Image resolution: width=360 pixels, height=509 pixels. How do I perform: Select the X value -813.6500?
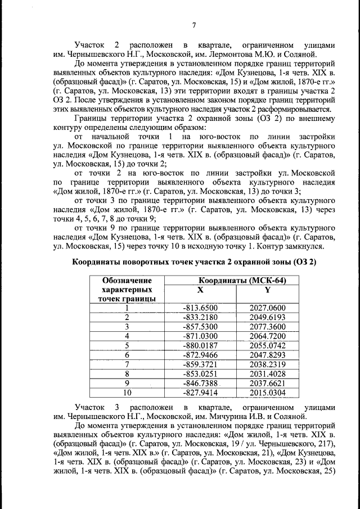pos(200,308)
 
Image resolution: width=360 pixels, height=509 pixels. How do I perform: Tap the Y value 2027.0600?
pos(267,308)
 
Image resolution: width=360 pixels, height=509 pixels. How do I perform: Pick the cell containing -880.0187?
pos(200,346)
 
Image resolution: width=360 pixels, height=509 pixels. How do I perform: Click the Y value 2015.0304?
pos(267,393)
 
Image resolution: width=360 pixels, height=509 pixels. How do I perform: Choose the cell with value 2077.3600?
pos(267,327)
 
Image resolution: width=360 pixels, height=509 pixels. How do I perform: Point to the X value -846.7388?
pos(200,384)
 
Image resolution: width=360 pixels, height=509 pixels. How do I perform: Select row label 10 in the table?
pos(127,393)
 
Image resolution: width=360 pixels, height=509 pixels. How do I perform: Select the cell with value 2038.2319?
pos(267,364)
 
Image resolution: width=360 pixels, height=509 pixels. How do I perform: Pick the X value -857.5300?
pos(200,327)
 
